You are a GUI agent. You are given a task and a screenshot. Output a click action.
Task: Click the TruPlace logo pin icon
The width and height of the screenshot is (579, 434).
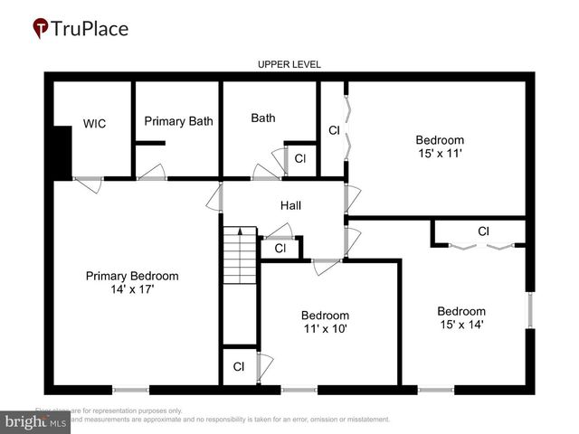point(41,28)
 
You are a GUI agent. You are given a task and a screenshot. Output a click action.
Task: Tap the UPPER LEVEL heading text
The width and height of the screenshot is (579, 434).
point(289,64)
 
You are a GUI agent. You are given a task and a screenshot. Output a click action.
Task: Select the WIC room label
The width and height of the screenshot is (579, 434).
point(94,124)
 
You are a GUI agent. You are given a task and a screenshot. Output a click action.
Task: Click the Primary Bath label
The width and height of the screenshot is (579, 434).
point(178,121)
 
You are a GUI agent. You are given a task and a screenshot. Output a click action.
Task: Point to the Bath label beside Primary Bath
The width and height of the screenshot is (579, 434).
point(263,118)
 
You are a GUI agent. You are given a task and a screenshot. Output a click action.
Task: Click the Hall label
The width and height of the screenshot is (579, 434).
point(290,205)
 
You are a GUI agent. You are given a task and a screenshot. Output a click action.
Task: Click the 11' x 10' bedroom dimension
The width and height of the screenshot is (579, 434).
point(324,329)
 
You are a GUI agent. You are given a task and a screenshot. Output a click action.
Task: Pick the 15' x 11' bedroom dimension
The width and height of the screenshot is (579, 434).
point(440,155)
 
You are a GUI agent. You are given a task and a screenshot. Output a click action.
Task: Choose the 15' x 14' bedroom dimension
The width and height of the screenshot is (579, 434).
point(461,325)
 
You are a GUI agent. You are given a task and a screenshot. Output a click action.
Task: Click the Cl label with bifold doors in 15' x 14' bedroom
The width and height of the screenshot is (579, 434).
point(483,231)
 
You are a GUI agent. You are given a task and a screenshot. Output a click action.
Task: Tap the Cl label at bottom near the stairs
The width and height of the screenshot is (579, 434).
point(239,367)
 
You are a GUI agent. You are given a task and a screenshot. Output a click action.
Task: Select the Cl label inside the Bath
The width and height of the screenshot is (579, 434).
point(300,159)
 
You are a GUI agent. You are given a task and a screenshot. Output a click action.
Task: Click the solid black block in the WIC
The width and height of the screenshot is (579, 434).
point(62,152)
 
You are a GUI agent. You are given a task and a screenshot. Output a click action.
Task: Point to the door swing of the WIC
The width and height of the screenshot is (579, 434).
point(89,184)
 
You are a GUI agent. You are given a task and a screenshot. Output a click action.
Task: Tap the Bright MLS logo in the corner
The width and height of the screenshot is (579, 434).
point(36,421)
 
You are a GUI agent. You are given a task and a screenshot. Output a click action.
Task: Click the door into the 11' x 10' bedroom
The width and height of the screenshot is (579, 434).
point(324,267)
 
